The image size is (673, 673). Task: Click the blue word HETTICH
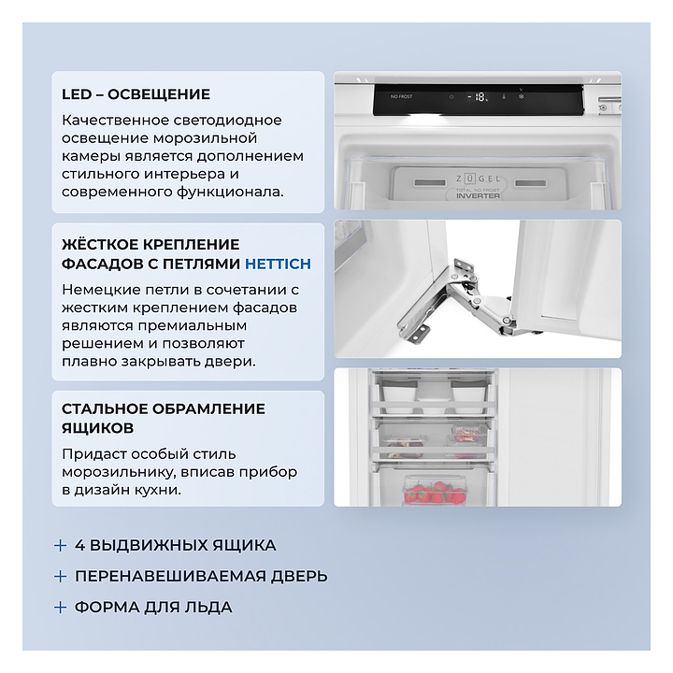click(x=278, y=264)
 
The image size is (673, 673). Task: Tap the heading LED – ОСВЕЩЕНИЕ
click(x=136, y=94)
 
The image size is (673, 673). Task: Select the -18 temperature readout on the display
click(x=478, y=97)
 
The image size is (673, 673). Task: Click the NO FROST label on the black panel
click(x=401, y=96)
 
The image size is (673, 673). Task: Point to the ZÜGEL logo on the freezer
click(x=479, y=179)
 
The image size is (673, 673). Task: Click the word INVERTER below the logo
click(x=479, y=195)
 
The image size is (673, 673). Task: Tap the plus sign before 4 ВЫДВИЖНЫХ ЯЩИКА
click(x=61, y=546)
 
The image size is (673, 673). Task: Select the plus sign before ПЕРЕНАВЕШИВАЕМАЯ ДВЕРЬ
click(x=61, y=577)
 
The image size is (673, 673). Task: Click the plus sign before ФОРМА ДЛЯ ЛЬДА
click(x=61, y=608)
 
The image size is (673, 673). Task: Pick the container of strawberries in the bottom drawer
click(x=434, y=491)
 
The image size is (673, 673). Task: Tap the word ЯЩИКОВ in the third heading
click(x=98, y=428)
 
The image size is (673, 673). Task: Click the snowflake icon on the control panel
click(x=521, y=96)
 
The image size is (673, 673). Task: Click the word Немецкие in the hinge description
click(x=101, y=290)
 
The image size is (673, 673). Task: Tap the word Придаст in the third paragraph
click(x=94, y=454)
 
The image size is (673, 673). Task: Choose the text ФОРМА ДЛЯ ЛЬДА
click(x=153, y=608)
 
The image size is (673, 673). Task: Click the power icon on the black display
click(x=451, y=97)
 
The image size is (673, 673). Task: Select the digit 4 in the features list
click(x=79, y=546)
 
